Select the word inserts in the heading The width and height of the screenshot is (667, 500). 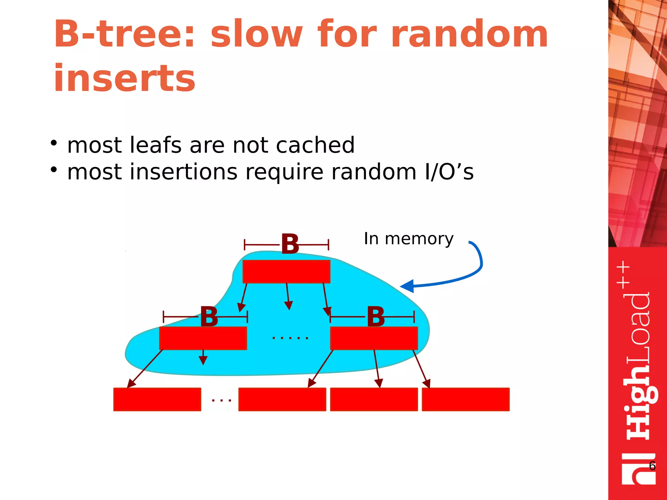coord(124,78)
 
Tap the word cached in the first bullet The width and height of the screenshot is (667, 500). coord(315,145)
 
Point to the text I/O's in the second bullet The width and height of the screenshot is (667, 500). coord(449,172)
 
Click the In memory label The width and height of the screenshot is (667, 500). coord(408,239)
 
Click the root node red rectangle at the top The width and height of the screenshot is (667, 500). coord(286,271)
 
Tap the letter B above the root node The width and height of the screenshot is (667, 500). coord(290,244)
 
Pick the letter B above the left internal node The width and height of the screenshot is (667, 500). coord(209,316)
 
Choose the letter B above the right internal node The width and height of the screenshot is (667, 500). coord(376,316)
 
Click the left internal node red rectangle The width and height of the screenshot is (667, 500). coord(203,338)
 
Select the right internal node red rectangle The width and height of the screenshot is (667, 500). coord(374,338)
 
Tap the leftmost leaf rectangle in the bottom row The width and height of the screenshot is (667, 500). coord(157,399)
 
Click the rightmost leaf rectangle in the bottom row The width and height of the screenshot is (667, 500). coord(466,399)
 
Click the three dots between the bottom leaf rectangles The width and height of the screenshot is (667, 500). coord(221,400)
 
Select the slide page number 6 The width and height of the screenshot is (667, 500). coord(652,466)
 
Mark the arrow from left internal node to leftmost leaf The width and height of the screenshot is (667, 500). coord(145,369)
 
